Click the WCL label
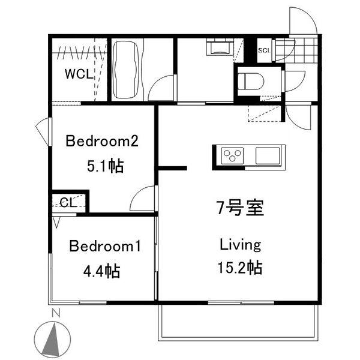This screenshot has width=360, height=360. pos(78,74)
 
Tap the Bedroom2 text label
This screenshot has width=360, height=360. pos(102,142)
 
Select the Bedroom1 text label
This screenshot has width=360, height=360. pos(105,246)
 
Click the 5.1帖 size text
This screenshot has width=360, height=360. pos(105,166)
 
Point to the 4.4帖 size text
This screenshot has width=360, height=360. pos(101,271)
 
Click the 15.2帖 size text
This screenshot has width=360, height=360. pos(240,268)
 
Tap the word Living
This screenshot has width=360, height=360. pos(240,245)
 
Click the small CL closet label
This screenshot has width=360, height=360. pos(67,202)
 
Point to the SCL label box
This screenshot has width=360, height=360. pos(263,50)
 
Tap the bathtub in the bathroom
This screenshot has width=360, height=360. pos(127,70)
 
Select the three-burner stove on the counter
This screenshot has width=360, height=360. pos(232,155)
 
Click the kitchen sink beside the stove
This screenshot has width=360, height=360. pos(268,155)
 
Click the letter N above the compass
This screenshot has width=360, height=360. pos(56,313)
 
